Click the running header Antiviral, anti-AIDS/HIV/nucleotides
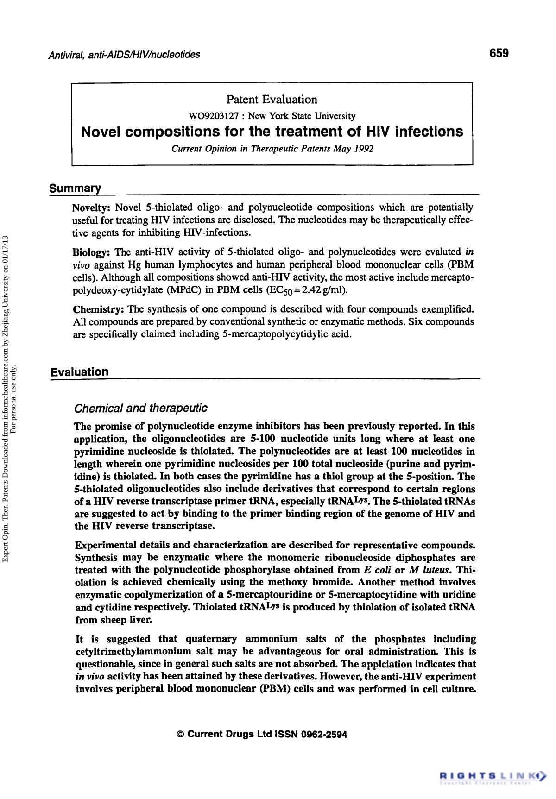click(125, 55)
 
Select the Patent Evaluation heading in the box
click(272, 100)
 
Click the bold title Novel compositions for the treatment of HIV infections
click(272, 132)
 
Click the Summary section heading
click(76, 189)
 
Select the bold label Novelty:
click(92, 207)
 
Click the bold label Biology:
click(91, 252)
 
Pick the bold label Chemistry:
click(98, 309)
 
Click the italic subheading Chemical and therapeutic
click(140, 408)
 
